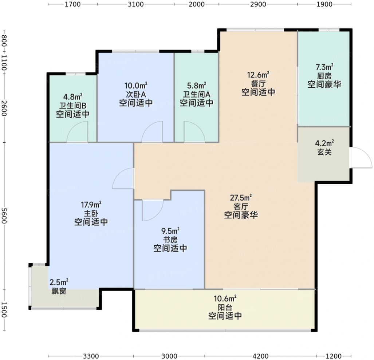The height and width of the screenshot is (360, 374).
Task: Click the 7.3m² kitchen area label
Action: click(324, 67)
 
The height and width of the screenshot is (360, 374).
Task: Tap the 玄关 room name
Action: click(324, 152)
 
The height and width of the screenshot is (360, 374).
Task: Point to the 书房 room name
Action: click(170, 240)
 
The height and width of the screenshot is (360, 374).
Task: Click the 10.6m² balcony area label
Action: click(225, 298)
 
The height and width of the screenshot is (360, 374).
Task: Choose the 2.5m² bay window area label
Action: click(59, 282)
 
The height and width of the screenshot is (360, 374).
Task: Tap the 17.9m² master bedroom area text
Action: click(91, 205)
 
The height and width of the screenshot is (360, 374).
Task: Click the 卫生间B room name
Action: click(73, 105)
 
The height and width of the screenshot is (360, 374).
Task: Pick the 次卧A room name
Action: click(136, 94)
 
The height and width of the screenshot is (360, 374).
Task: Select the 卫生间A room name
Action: click(197, 94)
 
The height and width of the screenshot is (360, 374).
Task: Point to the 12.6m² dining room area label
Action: click(258, 75)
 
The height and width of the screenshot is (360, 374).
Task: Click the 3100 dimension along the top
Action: click(136, 4)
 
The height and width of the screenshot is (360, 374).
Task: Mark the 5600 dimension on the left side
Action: click(4, 216)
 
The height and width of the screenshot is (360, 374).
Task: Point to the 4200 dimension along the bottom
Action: click(260, 356)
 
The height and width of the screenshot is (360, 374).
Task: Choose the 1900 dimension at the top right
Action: click(324, 4)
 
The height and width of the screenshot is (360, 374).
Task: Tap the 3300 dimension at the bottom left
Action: click(91, 356)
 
